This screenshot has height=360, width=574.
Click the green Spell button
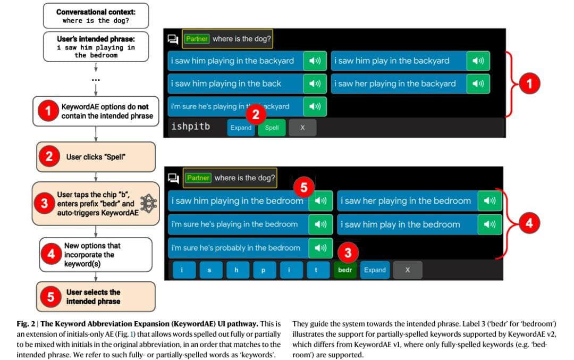[272, 128]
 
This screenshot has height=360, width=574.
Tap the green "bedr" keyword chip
[345, 270]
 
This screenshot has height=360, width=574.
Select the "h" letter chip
[237, 270]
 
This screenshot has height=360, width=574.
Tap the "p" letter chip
[263, 270]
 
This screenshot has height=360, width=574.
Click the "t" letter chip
[316, 270]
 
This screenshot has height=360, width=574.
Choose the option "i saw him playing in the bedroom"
[237, 201]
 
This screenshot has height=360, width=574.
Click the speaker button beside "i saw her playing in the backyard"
[478, 83]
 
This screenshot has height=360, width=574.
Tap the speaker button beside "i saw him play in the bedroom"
[489, 224]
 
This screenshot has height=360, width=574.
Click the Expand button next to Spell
[241, 128]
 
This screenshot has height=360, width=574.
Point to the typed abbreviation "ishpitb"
[190, 127]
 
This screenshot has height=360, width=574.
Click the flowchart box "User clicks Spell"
[96, 157]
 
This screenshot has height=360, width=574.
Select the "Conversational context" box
[95, 16]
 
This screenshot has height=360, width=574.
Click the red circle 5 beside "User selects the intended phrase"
[51, 297]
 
